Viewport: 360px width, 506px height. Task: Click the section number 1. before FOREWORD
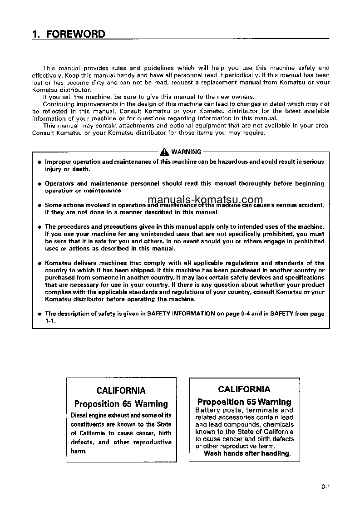click(x=37, y=34)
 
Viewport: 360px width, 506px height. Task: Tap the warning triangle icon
click(x=164, y=152)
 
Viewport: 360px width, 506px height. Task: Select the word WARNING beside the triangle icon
click(x=186, y=152)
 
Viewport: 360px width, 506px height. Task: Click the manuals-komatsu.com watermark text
click(x=205, y=200)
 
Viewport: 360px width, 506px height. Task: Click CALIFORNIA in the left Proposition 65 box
click(x=121, y=391)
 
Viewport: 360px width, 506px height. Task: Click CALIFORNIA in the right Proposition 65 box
click(x=244, y=389)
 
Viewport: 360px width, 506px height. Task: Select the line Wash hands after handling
click(x=247, y=453)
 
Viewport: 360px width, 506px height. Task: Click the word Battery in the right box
click(x=207, y=410)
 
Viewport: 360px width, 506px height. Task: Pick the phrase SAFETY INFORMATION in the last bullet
click(x=181, y=314)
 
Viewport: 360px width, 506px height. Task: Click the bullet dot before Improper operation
click(x=39, y=162)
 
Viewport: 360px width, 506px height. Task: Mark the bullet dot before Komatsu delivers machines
click(x=39, y=263)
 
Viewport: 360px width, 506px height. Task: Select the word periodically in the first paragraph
click(x=242, y=75)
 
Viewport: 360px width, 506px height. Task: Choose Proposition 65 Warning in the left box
click(x=121, y=404)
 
